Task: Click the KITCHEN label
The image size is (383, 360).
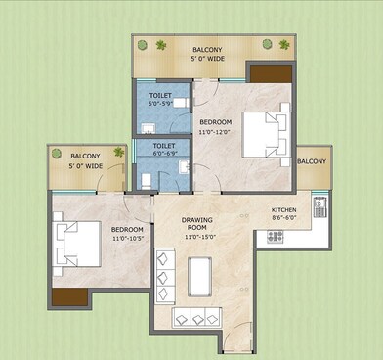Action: coord(283,210)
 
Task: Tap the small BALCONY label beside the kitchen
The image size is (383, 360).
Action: coord(312,161)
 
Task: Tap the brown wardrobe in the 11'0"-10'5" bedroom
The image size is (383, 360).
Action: coord(65,299)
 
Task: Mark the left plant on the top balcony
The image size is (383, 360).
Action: coord(144,45)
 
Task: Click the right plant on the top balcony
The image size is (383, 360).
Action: coord(284,44)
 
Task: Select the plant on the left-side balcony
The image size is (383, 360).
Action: coord(119,153)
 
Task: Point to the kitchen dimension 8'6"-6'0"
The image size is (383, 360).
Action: coord(283,220)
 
